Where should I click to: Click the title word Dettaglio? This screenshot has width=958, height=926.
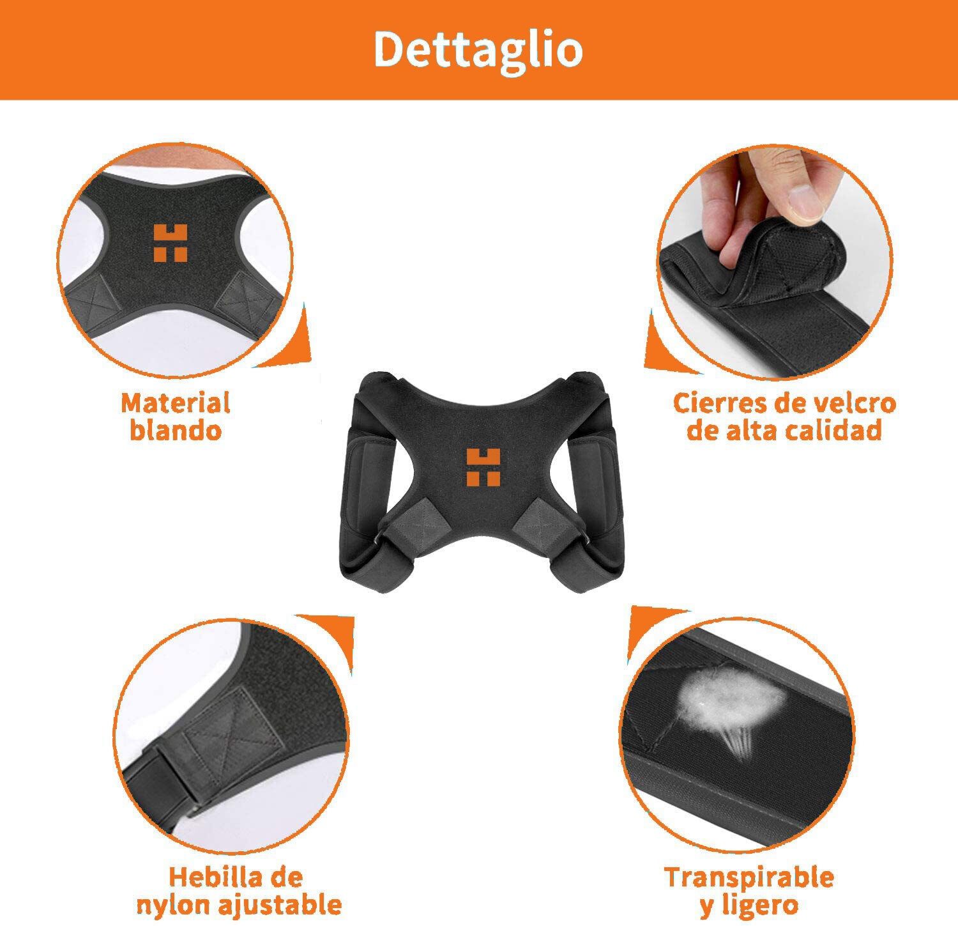[x=478, y=50]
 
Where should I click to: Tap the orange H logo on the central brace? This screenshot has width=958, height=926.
[x=483, y=467]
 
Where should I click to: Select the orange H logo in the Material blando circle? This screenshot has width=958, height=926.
[x=171, y=243]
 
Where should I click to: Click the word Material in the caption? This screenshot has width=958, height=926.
[x=176, y=403]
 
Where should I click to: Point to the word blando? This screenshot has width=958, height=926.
[x=176, y=430]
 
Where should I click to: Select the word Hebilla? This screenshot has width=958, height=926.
[x=217, y=877]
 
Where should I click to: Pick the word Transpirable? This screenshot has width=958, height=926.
[x=749, y=877]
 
